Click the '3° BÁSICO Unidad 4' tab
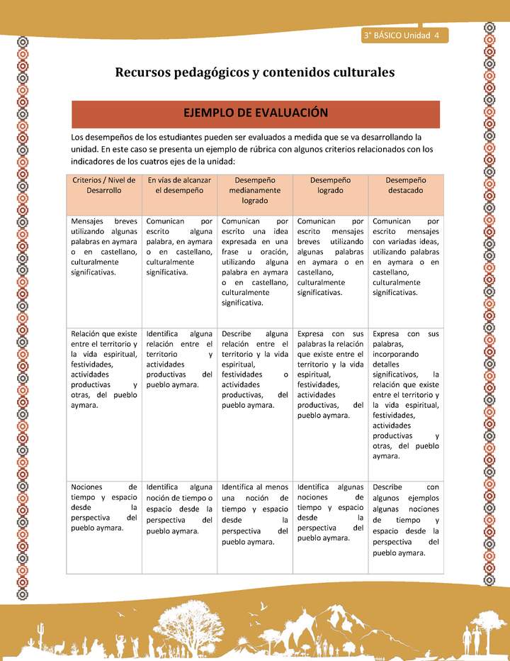pos(401,35)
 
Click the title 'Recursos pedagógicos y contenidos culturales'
pos(254,72)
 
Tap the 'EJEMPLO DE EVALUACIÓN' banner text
pos(255,113)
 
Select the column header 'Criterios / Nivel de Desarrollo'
pos(104,186)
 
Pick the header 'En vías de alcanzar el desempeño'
pos(179,186)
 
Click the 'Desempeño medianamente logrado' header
pos(254,191)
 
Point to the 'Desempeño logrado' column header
pos(330,186)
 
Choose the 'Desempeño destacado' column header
pos(405,186)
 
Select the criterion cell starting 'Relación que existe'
pos(104,369)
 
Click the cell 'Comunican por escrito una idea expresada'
pos(254,262)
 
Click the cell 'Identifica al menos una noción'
pos(254,514)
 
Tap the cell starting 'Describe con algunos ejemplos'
pos(405,520)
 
